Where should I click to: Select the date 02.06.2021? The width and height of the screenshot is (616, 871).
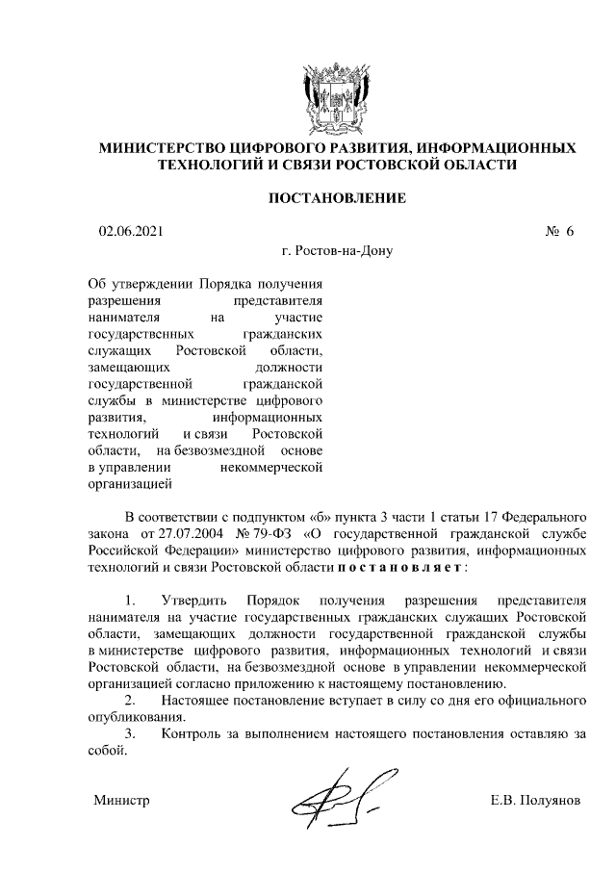coord(132,232)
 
